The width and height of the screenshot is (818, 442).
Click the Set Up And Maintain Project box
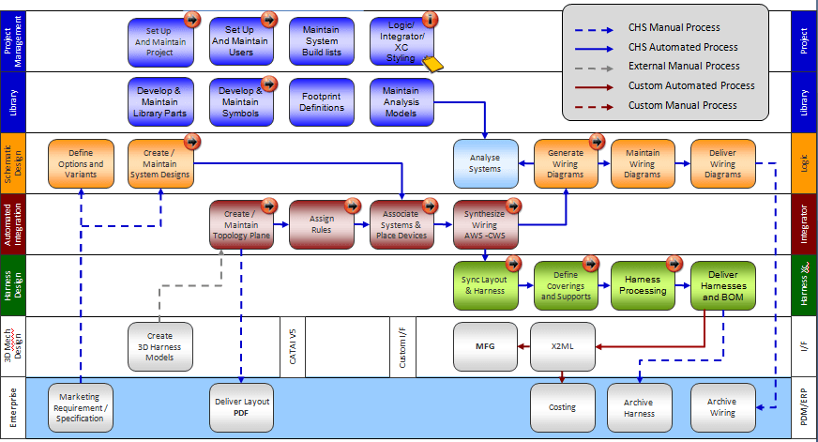160,41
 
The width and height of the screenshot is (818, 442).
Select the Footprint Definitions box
322,101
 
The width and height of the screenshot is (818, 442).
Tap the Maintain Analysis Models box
401,101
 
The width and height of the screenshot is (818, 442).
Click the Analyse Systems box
485,162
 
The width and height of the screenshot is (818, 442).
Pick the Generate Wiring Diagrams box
566,162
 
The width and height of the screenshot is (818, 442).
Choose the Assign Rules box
322,223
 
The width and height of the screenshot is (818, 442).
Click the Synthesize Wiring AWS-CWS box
485,224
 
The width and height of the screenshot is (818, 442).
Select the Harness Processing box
643,285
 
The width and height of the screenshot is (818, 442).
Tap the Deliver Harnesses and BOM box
723,285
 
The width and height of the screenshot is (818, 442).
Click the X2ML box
563,346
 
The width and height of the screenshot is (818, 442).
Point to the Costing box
563,406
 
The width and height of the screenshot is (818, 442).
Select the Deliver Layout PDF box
241,406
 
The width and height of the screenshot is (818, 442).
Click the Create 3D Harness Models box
160,346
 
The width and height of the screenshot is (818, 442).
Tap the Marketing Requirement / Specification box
80,406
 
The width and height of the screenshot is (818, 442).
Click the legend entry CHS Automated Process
682,47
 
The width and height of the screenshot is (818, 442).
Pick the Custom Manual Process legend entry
682,105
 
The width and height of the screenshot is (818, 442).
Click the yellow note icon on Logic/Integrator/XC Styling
432,64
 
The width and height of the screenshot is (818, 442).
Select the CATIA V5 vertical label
293,345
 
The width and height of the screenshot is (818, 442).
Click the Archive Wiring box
722,406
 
